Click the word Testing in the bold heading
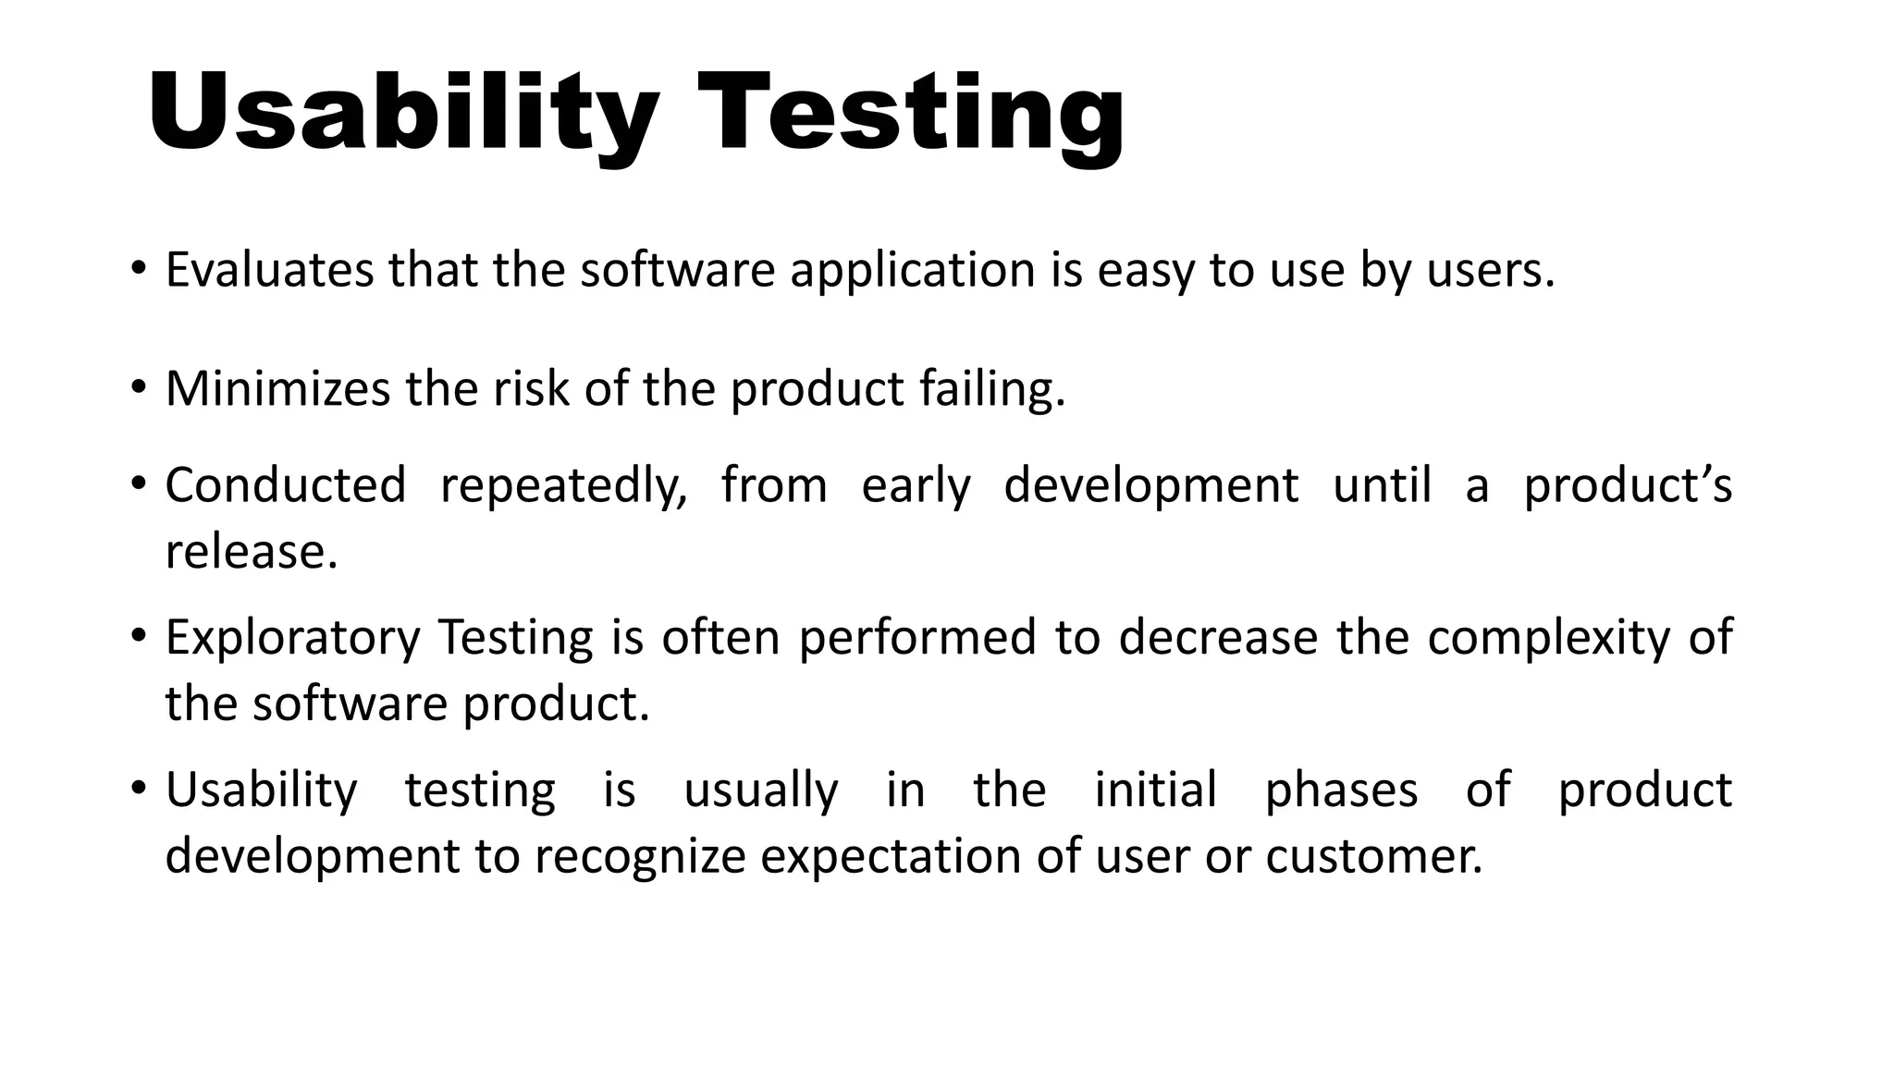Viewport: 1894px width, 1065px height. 911,115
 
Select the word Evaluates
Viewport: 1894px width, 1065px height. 268,270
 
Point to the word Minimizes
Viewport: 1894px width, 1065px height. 277,388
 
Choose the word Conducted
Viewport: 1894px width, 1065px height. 286,484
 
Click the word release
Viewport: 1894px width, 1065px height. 251,552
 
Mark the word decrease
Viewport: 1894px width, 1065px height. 1218,637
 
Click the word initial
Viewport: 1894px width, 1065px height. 1155,790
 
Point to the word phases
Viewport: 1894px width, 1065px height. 1341,791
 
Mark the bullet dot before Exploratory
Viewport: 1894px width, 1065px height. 138,637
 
